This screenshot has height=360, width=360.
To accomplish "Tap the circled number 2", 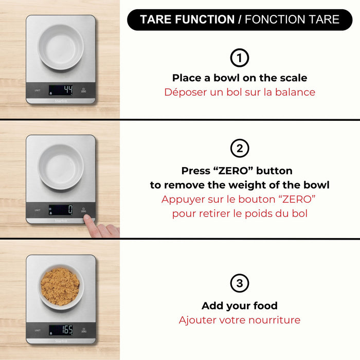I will [x=239, y=149].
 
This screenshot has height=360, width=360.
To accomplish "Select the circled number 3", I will [x=239, y=283].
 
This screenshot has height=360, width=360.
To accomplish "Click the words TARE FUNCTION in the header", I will [x=187, y=20].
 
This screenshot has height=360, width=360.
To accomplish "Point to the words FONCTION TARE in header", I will [x=292, y=20].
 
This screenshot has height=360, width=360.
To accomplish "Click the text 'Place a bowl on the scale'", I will [x=239, y=78].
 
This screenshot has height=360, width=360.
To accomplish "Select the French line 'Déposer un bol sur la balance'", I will [x=239, y=93].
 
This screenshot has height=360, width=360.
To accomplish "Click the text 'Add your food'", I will [x=239, y=306].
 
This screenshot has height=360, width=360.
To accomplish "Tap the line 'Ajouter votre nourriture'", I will [x=239, y=320].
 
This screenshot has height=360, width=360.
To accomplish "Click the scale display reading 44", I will [x=61, y=90].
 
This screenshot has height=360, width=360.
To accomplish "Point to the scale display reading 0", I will [x=61, y=210].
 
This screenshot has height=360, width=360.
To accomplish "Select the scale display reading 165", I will [x=61, y=330].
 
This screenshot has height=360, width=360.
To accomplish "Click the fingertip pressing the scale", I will [x=89, y=220].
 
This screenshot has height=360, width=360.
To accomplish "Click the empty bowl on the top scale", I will [x=61, y=47].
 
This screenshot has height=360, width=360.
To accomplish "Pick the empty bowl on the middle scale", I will [x=61, y=167].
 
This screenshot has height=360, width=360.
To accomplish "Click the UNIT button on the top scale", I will [x=38, y=91].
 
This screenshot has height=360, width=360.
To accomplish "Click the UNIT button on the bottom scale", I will [x=38, y=330].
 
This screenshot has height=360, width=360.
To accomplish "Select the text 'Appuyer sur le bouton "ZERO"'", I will [x=239, y=199].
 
